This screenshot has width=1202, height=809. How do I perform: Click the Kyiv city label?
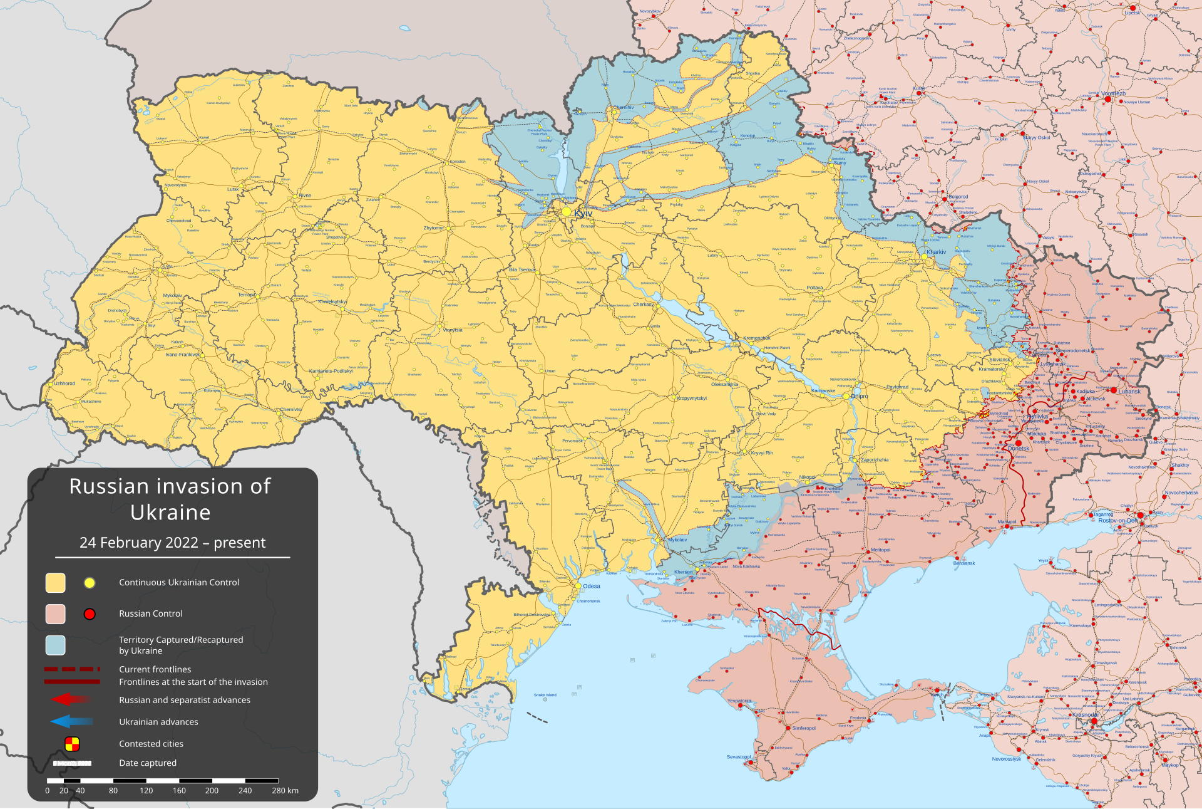coord(583,214)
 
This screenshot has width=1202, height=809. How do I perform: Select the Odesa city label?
coord(591,587)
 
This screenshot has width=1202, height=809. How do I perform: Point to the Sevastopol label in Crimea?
coord(739,757)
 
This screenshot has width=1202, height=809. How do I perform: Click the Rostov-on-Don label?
coord(1117,521)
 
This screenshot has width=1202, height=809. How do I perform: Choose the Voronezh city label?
coord(1114,93)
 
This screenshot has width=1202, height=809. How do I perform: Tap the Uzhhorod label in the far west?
coord(64,384)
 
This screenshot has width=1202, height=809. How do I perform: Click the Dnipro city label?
coord(859,396)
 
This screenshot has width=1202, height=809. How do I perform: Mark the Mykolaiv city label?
coord(677,540)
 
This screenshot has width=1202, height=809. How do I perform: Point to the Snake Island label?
coord(545,695)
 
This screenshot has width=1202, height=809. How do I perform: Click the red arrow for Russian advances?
coord(71,699)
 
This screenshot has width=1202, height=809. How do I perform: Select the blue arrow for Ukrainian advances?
coord(71,722)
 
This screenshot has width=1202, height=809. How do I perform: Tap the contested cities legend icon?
coord(72,744)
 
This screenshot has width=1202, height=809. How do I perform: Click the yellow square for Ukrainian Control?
coord(55,583)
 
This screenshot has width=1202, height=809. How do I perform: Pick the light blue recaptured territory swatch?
coord(55,645)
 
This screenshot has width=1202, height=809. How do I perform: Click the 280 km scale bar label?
coord(285,791)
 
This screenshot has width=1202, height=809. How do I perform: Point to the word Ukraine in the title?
coord(170,513)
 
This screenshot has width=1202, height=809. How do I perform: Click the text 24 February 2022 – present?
coord(172,543)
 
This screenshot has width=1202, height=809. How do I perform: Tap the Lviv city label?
coord(167,266)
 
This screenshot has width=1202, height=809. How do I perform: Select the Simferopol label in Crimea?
coord(803,728)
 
